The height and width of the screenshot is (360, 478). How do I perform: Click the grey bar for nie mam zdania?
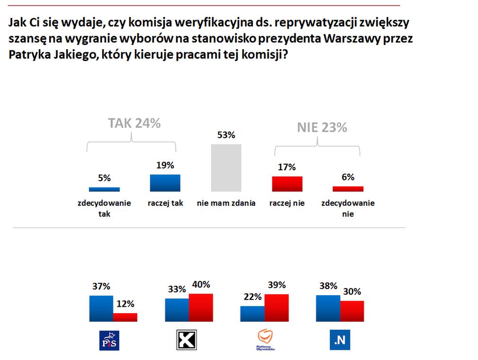(x=226, y=167)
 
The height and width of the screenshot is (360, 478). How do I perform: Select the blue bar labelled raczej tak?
(x=165, y=183)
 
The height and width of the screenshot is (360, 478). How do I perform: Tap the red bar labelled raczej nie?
(x=287, y=184)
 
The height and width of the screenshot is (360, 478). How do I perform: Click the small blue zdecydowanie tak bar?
(x=104, y=189)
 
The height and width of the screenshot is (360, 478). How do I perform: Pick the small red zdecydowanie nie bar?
(x=348, y=189)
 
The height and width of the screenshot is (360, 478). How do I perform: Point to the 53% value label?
(x=226, y=135)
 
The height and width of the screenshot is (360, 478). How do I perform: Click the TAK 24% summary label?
(x=134, y=123)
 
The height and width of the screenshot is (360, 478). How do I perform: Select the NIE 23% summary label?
(x=322, y=127)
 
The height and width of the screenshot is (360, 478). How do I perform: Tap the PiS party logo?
(x=109, y=341)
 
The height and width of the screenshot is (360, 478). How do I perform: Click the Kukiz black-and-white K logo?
(x=186, y=340)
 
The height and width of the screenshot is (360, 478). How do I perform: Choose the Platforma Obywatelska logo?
(x=266, y=340)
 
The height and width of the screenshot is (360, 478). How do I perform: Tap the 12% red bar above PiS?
(x=125, y=317)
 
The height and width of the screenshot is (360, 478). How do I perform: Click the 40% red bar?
(x=201, y=307)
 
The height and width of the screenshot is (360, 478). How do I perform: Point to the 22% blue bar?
(x=252, y=314)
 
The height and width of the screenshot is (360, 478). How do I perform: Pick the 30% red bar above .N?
(x=352, y=311)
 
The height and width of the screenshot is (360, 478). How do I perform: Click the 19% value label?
(x=165, y=166)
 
